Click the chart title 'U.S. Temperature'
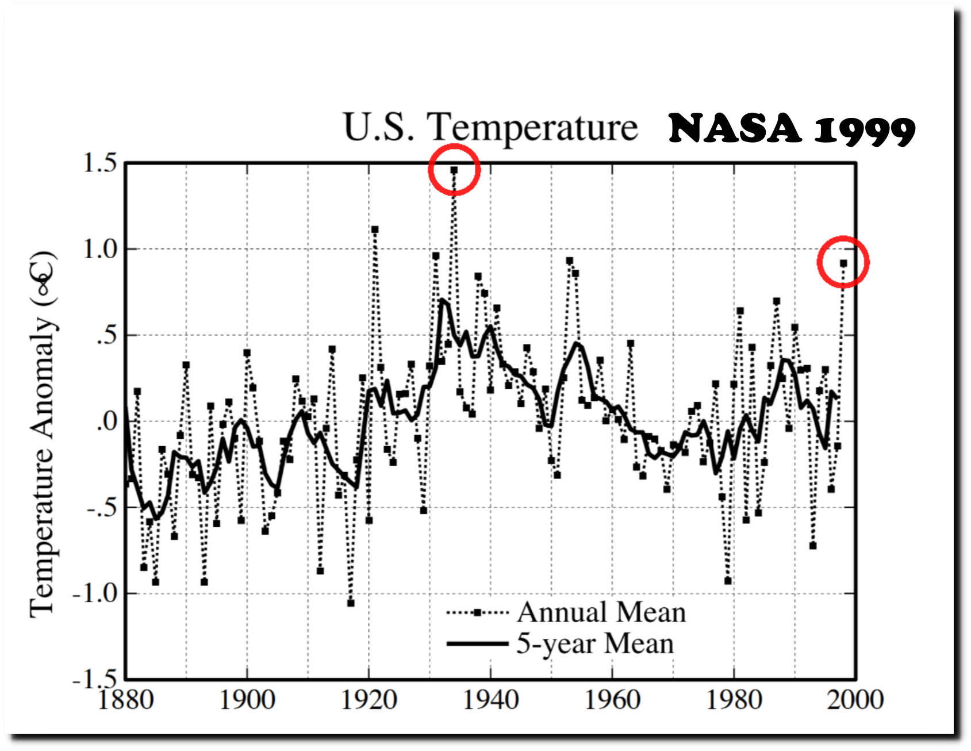click(490, 127)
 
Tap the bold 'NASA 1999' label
click(792, 129)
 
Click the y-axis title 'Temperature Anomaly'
click(44, 435)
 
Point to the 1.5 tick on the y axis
click(100, 163)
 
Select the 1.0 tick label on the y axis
click(100, 250)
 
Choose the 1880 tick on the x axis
click(126, 700)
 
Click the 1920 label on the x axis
click(369, 700)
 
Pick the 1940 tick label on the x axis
click(490, 700)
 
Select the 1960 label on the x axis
click(612, 700)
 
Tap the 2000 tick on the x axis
click(855, 700)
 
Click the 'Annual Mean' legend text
click(601, 612)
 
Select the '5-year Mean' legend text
click(594, 643)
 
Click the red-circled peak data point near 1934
click(454, 170)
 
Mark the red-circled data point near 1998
click(843, 263)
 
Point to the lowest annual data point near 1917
click(351, 603)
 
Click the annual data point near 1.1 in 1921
click(375, 229)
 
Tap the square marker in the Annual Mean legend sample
click(477, 613)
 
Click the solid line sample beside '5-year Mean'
click(477, 644)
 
